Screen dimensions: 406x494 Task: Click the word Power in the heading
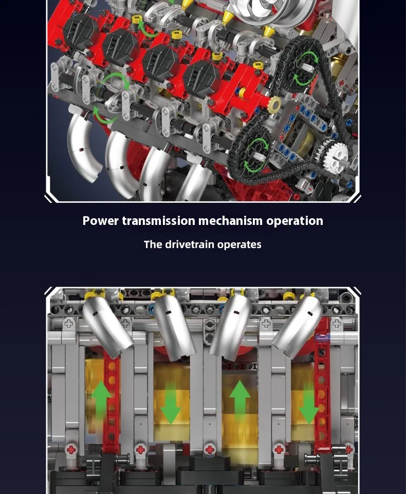point(101,221)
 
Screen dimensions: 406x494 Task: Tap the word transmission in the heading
point(159,221)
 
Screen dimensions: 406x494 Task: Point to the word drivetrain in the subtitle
point(190,244)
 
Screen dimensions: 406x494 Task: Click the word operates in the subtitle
point(239,245)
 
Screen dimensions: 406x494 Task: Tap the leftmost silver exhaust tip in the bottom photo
point(107,328)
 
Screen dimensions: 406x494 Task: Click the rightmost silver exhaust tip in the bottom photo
point(298,328)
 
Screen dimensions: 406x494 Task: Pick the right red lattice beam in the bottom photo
point(322,388)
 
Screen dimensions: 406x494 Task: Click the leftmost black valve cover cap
point(80,31)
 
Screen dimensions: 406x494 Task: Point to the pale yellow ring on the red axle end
point(274,103)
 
